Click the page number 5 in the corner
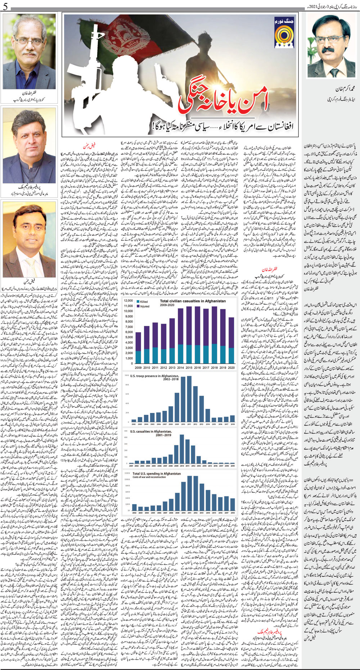pos(4,5)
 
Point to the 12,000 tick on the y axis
pos(129,301)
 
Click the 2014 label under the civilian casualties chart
pos(180,368)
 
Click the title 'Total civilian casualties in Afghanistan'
pos(193,301)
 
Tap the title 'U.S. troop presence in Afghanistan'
pos(154,376)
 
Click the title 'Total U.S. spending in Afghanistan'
pos(157,473)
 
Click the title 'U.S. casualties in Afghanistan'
pos(151,431)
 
